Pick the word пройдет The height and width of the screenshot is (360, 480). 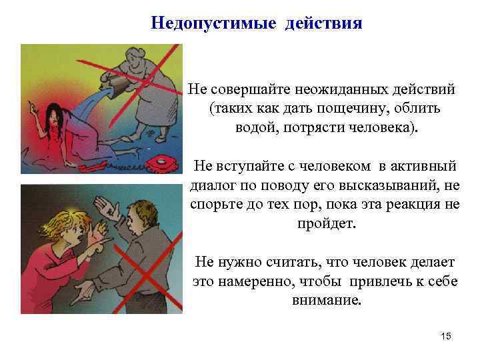click(x=327, y=223)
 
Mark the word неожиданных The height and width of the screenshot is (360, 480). click(x=322, y=89)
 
